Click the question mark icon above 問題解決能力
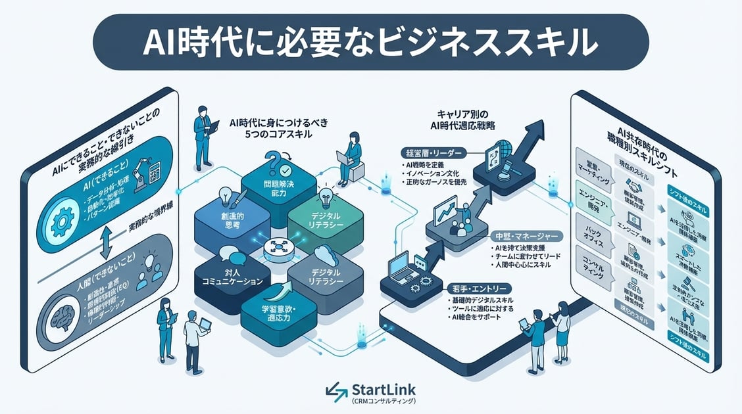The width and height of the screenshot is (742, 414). [272, 160]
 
